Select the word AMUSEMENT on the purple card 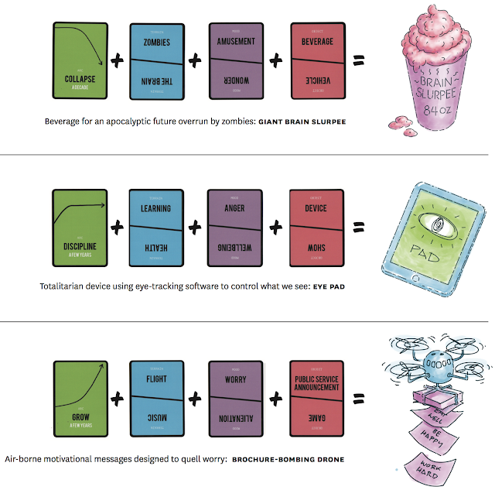[x=237, y=41]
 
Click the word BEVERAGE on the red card [x=318, y=42]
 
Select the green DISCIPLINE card [x=79, y=224]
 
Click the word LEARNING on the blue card [x=156, y=208]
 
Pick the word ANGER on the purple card [x=237, y=207]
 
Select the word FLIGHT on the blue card [x=156, y=379]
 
